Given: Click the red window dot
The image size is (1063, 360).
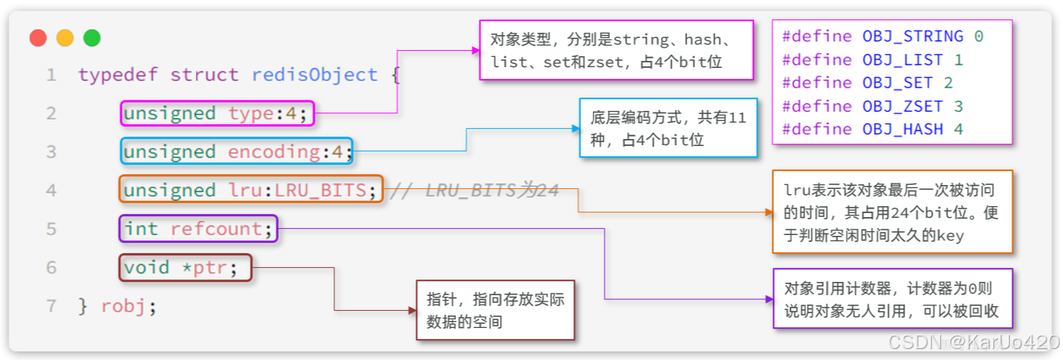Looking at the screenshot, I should pyautogui.click(x=38, y=37).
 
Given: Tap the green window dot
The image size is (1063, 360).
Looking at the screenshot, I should pyautogui.click(x=91, y=37).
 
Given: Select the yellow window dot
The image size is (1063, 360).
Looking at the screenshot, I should pyautogui.click(x=65, y=37).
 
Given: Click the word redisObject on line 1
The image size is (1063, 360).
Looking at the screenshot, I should pyautogui.click(x=314, y=75).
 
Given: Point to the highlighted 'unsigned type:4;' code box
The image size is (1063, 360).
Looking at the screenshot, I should pyautogui.click(x=217, y=113).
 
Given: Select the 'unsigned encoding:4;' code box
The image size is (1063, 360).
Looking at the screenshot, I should pyautogui.click(x=237, y=151).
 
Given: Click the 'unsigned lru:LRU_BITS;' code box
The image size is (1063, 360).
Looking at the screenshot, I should pyautogui.click(x=251, y=190).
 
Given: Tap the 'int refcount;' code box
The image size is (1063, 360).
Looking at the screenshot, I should pyautogui.click(x=198, y=229).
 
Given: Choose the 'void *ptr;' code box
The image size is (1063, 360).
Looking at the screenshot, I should pyautogui.click(x=185, y=267).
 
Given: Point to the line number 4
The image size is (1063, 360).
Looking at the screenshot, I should pyautogui.click(x=51, y=190).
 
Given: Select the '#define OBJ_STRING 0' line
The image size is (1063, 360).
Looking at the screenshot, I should pyautogui.click(x=883, y=37).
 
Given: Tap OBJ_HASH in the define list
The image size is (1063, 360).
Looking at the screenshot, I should pyautogui.click(x=903, y=129).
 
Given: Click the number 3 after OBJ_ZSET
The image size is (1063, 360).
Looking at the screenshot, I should pyautogui.click(x=958, y=106).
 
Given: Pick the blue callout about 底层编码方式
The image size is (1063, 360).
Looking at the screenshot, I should pyautogui.click(x=668, y=128).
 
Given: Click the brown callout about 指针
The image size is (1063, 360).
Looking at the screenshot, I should pyautogui.click(x=495, y=310).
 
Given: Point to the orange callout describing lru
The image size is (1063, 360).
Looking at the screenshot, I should pyautogui.click(x=891, y=212).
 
